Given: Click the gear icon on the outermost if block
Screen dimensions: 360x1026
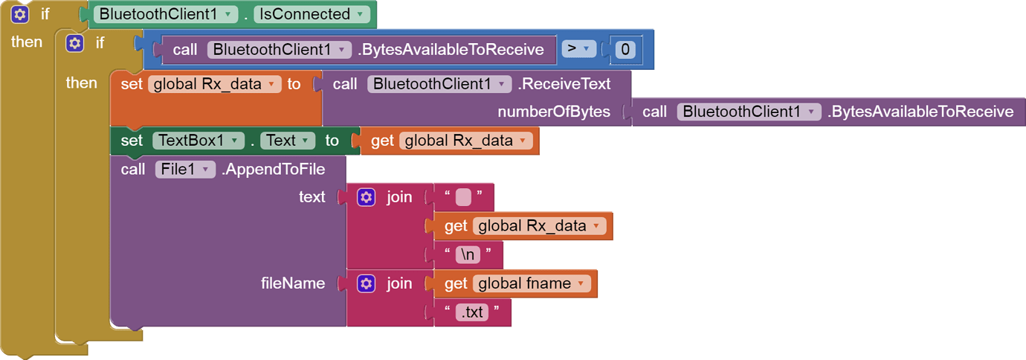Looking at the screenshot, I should [20, 14].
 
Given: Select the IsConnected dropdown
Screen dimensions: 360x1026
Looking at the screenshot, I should [311, 14].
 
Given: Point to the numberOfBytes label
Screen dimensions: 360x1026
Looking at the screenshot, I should [554, 112].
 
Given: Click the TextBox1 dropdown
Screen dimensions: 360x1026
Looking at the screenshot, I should [199, 141].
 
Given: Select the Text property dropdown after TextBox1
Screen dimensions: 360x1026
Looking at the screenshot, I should [288, 141].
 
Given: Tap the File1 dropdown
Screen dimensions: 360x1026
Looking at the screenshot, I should [185, 170].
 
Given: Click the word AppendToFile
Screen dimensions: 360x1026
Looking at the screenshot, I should [275, 170].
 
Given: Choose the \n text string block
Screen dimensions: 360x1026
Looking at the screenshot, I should [468, 254].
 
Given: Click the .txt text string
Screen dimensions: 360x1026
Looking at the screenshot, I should [472, 312].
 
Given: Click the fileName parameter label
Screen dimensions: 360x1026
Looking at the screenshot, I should [293, 283].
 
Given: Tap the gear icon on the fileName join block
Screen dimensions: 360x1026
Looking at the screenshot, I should [367, 283].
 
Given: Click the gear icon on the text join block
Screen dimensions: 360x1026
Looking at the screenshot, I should [367, 197].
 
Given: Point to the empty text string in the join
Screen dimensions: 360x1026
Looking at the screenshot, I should [463, 197].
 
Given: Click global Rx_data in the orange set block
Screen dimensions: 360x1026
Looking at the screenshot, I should [214, 84].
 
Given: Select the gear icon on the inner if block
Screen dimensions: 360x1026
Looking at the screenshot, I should [75, 43].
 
